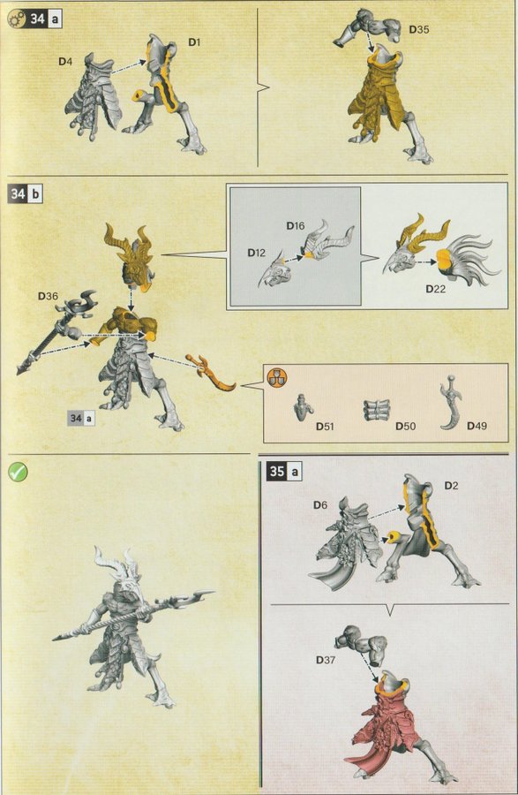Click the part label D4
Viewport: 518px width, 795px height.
65,62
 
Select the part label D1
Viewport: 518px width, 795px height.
194,42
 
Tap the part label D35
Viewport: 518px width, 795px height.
419,30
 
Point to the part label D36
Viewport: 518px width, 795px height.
48,296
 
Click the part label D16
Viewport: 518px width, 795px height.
296,225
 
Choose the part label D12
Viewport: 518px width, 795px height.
257,253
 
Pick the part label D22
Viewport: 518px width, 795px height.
435,290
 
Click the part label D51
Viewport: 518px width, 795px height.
325,427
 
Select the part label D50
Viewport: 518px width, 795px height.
405,427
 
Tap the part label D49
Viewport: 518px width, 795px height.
477,426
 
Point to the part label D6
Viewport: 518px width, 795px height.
320,505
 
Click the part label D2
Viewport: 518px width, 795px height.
451,486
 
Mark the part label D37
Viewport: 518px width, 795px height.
326,660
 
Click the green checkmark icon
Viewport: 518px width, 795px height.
19,472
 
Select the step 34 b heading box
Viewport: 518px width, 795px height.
25,193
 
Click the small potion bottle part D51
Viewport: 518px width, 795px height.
303,405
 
